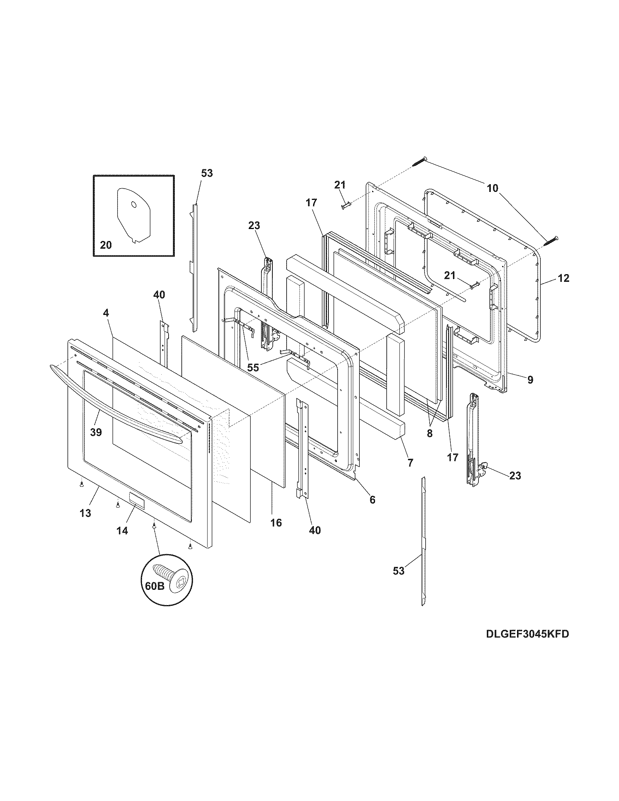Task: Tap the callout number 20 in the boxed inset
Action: pyautogui.click(x=106, y=245)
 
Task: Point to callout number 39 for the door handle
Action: pyautogui.click(x=96, y=432)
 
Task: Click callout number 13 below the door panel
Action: pyautogui.click(x=86, y=513)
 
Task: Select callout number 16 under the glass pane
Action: pyautogui.click(x=276, y=522)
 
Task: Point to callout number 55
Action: pyautogui.click(x=253, y=367)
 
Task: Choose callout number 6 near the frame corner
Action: pyautogui.click(x=372, y=500)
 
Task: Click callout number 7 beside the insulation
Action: pyautogui.click(x=410, y=463)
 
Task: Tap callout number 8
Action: pyautogui.click(x=429, y=433)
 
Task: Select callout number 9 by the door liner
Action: pyautogui.click(x=530, y=380)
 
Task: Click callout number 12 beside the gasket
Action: pyautogui.click(x=564, y=279)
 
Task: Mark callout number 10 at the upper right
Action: pyautogui.click(x=493, y=188)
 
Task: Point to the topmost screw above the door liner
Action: pyautogui.click(x=419, y=161)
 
